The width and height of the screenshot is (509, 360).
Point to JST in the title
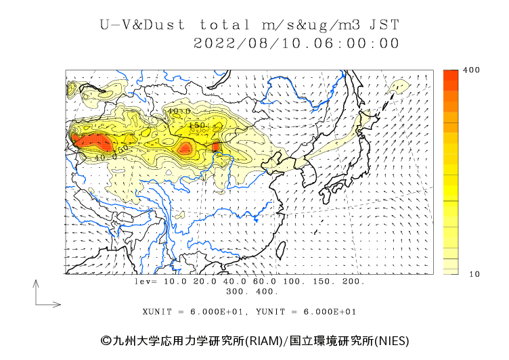(x=385, y=25)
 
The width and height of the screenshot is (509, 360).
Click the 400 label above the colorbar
(x=471, y=70)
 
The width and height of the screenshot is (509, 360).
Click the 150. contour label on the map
(x=197, y=125)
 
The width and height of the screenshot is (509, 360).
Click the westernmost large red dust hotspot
(x=91, y=141)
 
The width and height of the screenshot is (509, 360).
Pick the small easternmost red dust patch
(x=216, y=146)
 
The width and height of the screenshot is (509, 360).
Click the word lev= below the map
(x=146, y=281)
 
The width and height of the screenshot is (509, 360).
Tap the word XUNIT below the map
(x=156, y=312)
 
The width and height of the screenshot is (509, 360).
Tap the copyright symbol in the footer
(x=106, y=340)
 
